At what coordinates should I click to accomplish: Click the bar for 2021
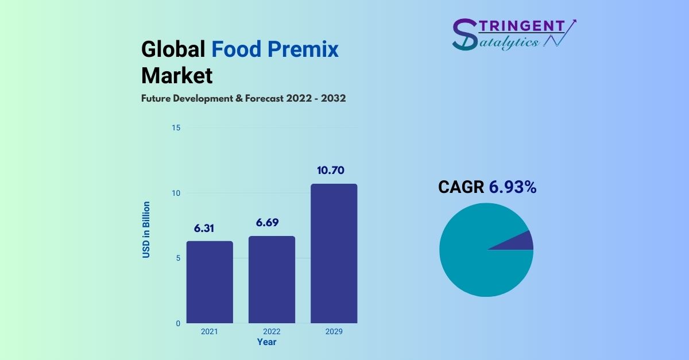tap(210, 282)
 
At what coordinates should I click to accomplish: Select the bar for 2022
tap(272, 280)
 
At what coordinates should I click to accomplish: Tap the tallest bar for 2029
tap(334, 253)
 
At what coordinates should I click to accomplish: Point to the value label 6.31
tap(203, 228)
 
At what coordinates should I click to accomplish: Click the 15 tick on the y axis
tap(176, 127)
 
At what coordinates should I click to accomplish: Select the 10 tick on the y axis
tap(176, 193)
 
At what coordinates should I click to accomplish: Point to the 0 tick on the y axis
tap(178, 323)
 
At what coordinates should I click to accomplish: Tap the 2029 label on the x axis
tap(334, 332)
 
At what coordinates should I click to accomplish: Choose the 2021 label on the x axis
tap(210, 332)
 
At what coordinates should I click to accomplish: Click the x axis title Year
tap(266, 342)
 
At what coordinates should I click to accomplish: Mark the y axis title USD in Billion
tap(146, 230)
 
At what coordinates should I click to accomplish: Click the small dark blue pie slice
tap(520, 241)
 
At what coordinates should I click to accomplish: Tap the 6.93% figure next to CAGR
tap(513, 187)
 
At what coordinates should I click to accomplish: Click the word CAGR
tap(461, 187)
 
